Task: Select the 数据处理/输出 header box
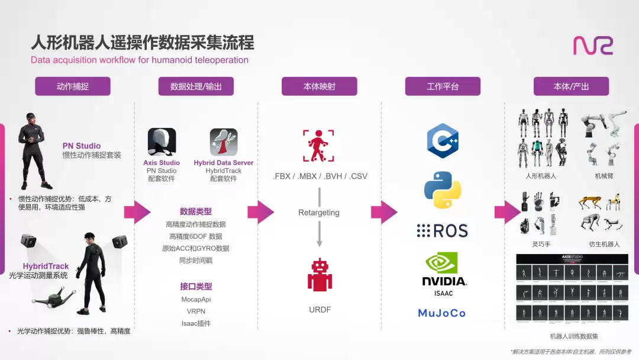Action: tap(196, 86)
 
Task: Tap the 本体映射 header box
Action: tap(319, 86)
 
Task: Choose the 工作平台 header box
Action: tap(443, 86)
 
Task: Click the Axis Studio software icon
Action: tap(162, 142)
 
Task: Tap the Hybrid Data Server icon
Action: tap(224, 142)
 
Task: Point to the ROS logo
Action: tap(442, 230)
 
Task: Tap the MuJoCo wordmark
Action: tap(442, 313)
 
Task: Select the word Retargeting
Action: tap(319, 213)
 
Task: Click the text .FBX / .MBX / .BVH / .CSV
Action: tap(320, 176)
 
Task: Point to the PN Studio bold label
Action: tap(82, 146)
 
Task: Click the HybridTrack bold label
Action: tap(46, 266)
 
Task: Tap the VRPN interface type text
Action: tap(196, 311)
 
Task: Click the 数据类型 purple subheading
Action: tap(196, 211)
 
